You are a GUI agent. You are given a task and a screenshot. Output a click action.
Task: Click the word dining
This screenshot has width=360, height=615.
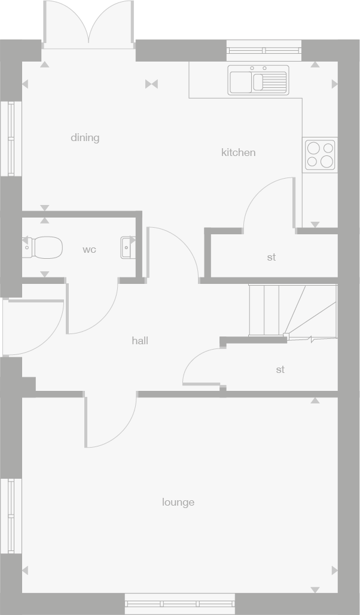click(85, 138)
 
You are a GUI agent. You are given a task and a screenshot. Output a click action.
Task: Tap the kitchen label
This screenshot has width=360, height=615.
click(238, 153)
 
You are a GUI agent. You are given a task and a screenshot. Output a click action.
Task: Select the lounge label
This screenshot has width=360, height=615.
click(178, 503)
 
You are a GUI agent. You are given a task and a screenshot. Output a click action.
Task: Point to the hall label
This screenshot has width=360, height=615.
click(140, 341)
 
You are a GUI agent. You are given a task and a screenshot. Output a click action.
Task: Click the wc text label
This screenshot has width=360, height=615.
click(89, 250)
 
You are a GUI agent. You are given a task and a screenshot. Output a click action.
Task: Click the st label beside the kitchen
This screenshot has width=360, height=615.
click(271, 258)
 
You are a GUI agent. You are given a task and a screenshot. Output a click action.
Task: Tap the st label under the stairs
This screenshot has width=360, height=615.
click(280, 370)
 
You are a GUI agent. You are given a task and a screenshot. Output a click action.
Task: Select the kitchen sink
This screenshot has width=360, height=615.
click(258, 80)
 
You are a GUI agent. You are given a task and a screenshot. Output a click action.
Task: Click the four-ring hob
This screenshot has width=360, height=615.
click(320, 154)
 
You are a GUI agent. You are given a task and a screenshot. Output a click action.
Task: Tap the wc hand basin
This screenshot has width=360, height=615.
click(127, 247)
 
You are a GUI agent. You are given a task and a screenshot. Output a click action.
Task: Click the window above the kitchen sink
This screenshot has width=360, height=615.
click(264, 50)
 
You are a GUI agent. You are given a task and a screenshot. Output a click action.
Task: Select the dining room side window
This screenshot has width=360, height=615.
click(10, 138)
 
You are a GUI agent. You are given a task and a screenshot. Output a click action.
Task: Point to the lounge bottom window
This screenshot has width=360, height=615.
click(179, 603)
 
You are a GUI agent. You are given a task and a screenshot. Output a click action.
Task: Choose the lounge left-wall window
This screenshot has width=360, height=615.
click(10, 516)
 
